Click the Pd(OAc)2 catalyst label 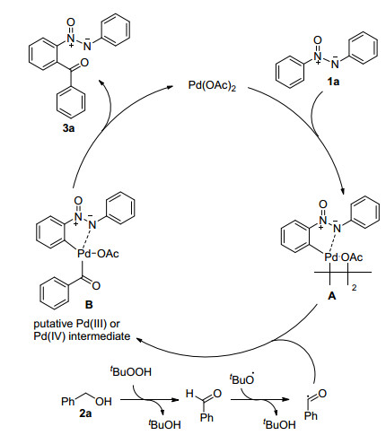212,85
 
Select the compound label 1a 333,82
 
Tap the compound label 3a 68,128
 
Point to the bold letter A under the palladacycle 332,296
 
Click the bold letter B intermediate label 89,305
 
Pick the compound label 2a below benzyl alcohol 85,413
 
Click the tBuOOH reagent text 131,371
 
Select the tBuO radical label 242,378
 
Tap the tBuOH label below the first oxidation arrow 164,424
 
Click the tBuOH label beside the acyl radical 279,424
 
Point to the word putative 53,324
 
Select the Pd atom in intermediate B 83,254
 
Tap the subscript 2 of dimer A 354,288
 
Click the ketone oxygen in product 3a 84,63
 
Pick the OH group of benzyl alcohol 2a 103,402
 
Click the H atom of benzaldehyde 189,394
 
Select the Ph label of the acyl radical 311,415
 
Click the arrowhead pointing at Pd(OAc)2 171,87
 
